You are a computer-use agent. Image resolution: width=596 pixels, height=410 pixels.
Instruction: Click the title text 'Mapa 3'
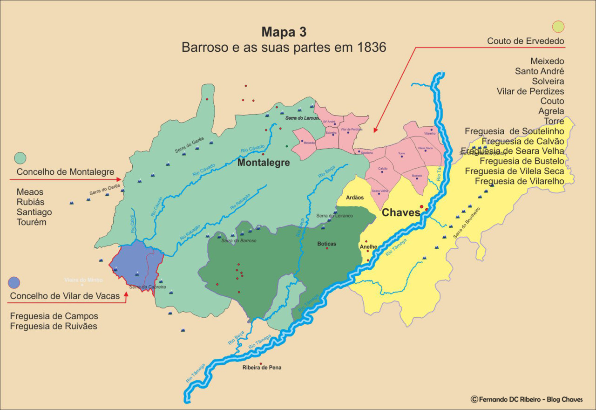tap(284, 32)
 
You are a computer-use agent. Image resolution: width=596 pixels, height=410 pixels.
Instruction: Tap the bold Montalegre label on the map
tap(263, 163)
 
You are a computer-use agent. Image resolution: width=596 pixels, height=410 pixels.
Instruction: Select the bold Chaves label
tap(400, 213)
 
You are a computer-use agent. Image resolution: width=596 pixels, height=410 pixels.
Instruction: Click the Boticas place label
tap(326, 244)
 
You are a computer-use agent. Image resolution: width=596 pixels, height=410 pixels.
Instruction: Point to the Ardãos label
tap(355, 198)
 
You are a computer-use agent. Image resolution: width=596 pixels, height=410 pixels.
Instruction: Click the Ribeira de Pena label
tap(262, 368)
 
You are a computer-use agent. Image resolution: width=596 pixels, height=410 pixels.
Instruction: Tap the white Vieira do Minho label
tap(83, 280)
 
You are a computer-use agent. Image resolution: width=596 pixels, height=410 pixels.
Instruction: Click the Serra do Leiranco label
tap(334, 216)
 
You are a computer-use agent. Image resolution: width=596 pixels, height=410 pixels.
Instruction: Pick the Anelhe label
tap(368, 246)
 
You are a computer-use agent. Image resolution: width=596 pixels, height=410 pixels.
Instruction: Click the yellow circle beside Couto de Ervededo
tap(558, 27)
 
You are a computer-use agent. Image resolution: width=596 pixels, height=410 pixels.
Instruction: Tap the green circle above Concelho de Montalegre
tap(20, 158)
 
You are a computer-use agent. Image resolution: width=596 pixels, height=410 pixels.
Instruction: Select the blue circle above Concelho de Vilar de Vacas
tap(14, 282)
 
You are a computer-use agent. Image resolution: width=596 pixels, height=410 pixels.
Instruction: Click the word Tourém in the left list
tap(31, 222)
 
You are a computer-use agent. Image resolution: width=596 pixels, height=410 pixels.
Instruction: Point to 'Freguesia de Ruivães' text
tap(54, 326)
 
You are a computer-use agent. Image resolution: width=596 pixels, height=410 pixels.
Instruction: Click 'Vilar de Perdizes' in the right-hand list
tap(530, 91)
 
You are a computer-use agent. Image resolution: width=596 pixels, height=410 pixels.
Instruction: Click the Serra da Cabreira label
tap(148, 287)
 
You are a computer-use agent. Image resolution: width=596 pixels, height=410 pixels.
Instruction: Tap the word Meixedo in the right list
tap(547, 61)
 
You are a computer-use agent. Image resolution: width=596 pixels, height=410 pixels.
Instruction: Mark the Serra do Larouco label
tap(302, 118)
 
